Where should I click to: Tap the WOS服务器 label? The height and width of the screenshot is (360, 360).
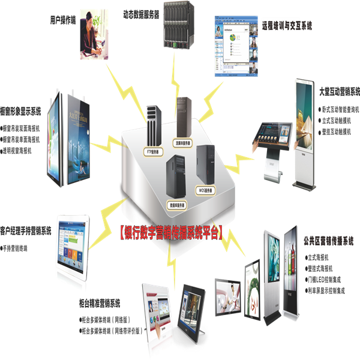[205, 190]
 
